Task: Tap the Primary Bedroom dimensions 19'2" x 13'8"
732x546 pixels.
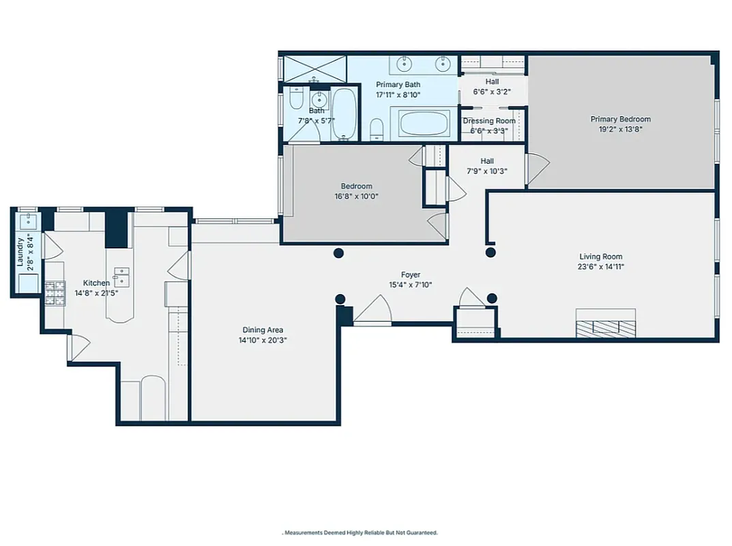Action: (620, 128)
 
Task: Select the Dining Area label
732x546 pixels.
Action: (261, 330)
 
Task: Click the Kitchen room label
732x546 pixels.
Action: (96, 283)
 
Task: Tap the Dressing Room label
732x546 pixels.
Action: (489, 121)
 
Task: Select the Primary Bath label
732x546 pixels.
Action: (398, 85)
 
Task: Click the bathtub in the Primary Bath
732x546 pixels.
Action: (426, 124)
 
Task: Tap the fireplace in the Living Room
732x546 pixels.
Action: (606, 324)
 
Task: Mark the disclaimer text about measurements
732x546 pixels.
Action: (361, 532)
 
